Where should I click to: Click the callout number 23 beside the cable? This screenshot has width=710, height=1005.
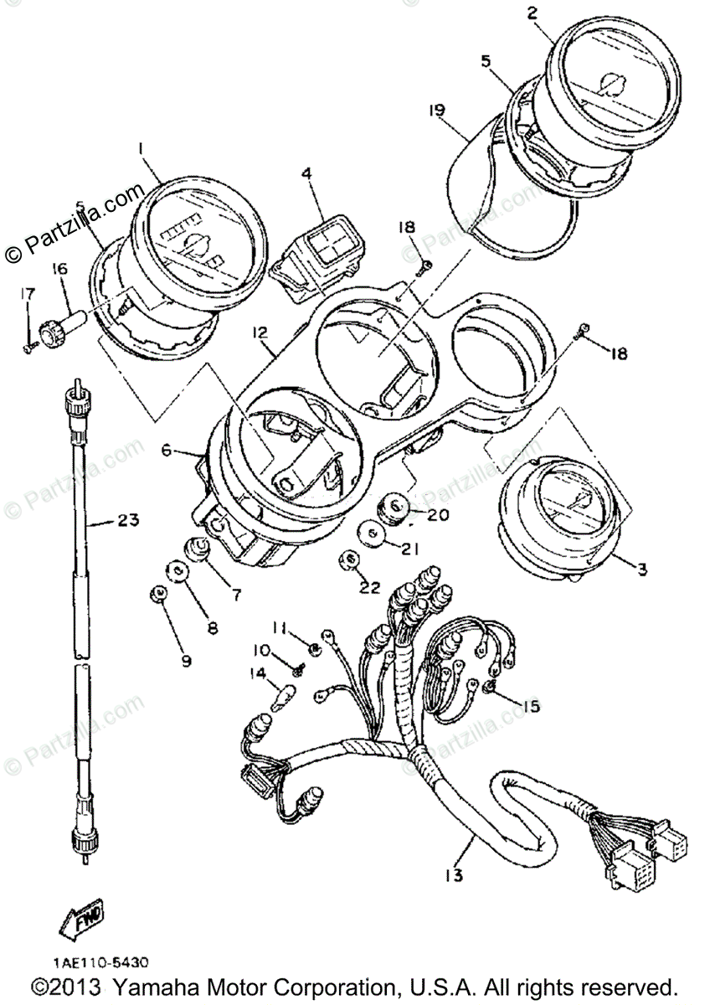126,522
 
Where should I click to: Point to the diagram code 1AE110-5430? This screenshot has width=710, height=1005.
83,964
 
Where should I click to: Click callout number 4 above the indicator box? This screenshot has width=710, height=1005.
306,174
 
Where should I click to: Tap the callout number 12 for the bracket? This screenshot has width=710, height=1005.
260,332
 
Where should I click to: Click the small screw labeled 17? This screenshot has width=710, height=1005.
28,346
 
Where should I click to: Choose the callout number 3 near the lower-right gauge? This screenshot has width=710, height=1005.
641,570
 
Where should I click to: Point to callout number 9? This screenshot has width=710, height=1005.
185,661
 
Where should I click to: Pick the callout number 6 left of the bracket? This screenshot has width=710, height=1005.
167,450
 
